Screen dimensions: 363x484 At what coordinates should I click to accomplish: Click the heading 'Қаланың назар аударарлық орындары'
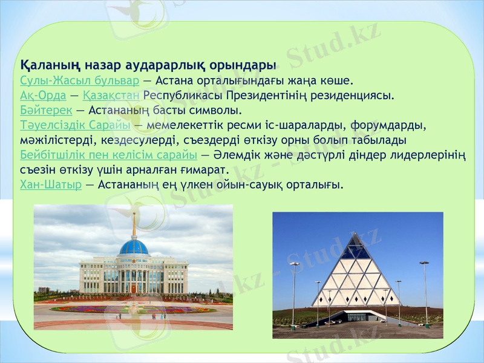[148, 64]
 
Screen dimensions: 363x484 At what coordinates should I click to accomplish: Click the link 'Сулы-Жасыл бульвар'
[79, 80]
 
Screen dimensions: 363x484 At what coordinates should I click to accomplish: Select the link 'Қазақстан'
[111, 95]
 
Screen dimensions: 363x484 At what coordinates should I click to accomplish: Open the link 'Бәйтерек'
[46, 110]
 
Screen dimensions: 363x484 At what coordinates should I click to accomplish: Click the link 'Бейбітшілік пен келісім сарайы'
[104, 155]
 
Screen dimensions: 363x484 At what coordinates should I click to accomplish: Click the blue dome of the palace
[134, 247]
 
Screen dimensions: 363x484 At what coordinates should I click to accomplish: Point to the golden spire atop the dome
[134, 225]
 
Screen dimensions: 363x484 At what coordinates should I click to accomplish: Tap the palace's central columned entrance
[134, 280]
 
